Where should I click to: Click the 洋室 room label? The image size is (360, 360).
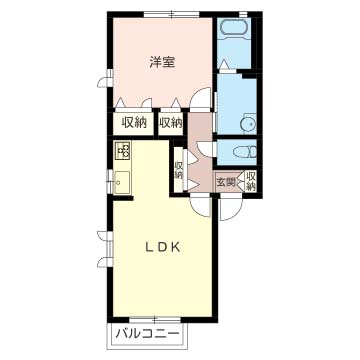[162, 62]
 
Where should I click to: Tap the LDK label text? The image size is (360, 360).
[163, 247]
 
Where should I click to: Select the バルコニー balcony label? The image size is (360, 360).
[147, 333]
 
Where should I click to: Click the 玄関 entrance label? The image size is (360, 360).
[226, 182]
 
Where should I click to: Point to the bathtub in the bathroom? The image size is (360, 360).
[233, 27]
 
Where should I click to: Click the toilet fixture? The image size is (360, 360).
[245, 152]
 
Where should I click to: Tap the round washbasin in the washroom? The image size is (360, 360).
[248, 124]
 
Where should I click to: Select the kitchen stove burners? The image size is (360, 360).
[122, 150]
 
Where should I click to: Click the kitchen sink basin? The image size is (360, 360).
[122, 182]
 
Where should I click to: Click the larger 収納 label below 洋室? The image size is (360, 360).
[134, 123]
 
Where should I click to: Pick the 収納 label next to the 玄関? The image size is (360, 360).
[251, 181]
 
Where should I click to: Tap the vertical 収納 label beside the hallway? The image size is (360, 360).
[179, 170]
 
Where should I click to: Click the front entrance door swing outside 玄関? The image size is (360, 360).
[231, 209]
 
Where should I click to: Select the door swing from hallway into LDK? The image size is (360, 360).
[201, 206]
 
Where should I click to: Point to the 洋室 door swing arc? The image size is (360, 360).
[200, 97]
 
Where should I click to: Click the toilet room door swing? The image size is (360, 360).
[205, 149]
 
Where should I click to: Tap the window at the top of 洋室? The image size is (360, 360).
[171, 14]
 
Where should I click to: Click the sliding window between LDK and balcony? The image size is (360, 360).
[155, 320]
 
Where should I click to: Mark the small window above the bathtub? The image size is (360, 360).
[243, 14]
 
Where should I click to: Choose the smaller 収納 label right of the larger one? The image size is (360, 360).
[170, 123]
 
